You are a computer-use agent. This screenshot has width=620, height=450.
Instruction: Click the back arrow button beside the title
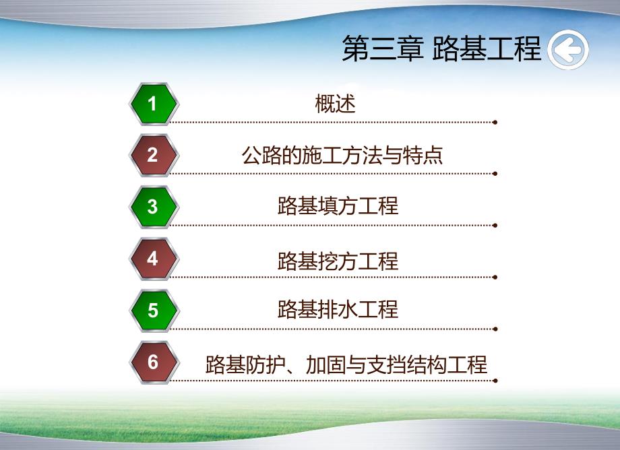(568, 49)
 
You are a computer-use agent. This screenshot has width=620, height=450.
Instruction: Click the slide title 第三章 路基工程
(441, 49)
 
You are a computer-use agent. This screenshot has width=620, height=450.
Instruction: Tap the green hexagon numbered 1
(153, 104)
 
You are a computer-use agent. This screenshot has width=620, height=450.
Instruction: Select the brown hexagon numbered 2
(153, 156)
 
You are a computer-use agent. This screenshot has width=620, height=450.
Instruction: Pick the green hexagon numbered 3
(153, 207)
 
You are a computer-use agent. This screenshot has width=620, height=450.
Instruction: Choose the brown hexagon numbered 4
(153, 259)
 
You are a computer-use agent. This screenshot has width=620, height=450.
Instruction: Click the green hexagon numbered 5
(153, 311)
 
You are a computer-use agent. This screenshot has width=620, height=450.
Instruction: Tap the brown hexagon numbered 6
(153, 362)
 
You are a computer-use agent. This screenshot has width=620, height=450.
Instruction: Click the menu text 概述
(335, 104)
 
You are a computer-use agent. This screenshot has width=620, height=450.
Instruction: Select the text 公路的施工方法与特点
(342, 156)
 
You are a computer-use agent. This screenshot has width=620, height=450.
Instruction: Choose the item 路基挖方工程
(338, 261)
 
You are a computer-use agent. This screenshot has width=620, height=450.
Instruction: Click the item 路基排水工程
(338, 309)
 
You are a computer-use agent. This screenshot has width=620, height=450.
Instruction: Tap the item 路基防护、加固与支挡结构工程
(346, 364)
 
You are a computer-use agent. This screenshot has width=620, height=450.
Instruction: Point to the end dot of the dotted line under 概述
(495, 123)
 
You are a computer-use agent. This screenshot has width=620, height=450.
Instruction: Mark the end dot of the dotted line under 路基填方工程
(495, 225)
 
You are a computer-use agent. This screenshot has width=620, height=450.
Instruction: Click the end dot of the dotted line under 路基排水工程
(495, 328)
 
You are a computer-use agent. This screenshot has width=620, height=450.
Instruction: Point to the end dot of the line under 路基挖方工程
(495, 276)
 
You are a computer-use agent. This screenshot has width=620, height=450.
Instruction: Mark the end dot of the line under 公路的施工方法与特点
(495, 174)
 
